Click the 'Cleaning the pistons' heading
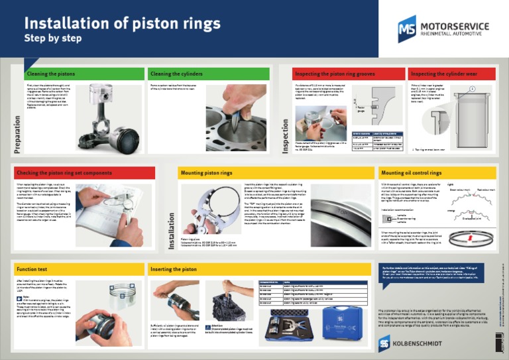coord(51,74)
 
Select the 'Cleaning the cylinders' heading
coord(176,74)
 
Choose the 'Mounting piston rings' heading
coord(207,172)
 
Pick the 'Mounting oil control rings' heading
coord(412,172)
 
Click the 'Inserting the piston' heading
coord(174,269)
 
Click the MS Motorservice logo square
coord(407,29)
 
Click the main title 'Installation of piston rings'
coord(122,23)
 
